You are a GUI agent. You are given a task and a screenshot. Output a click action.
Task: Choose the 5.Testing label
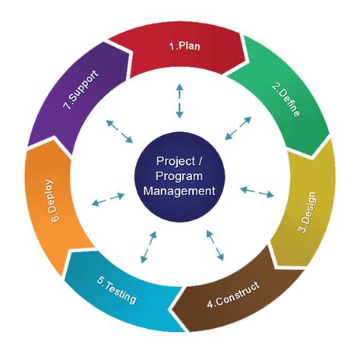pyautogui.click(x=117, y=292)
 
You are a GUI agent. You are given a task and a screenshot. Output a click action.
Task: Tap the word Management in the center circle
pyautogui.click(x=180, y=190)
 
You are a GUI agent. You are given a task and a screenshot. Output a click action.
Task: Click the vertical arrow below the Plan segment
pyautogui.click(x=180, y=101)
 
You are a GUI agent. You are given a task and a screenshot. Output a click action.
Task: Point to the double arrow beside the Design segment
pyautogui.click(x=257, y=191)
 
